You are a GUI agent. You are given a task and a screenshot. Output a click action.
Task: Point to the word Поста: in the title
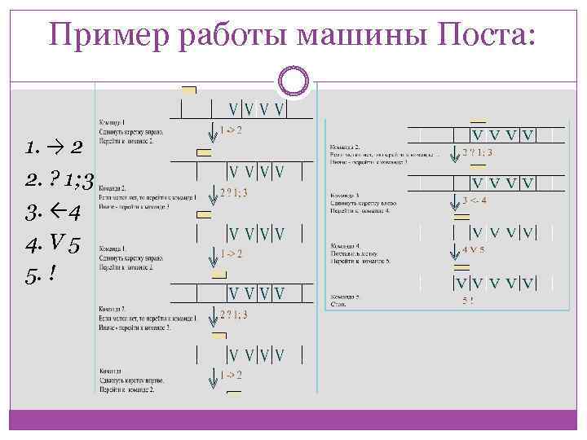tap(488, 35)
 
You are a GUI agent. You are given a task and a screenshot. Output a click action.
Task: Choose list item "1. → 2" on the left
tap(54, 147)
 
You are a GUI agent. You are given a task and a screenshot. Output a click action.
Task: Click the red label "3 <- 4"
tap(474, 200)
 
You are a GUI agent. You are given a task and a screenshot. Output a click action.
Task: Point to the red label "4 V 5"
tap(473, 249)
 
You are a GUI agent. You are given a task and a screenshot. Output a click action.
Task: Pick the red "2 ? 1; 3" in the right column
tap(477, 152)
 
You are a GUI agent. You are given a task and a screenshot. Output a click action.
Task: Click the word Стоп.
tap(338, 305)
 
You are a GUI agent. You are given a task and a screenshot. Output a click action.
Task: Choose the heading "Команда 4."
tap(346, 245)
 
